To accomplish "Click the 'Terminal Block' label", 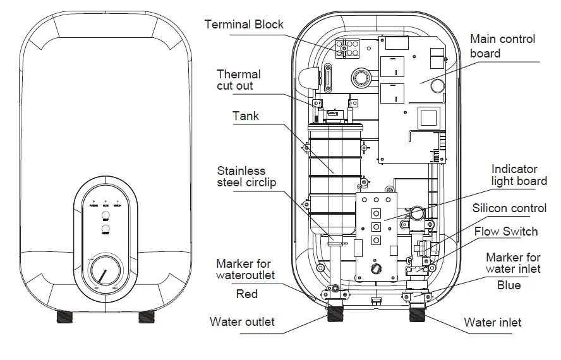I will pos(244,25).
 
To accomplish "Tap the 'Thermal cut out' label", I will pos(238,80).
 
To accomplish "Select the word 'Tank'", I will pos(246,116).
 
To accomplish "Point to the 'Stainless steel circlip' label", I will pos(246,177).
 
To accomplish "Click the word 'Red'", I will pos(246,294).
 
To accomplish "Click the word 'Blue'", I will pos(509,285).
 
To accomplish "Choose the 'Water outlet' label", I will pos(242,321).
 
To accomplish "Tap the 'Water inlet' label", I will pos(492,322).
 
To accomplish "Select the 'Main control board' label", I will pos(502,46).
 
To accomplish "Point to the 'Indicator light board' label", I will pos(519,175).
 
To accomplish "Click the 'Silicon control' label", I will pos(509,208).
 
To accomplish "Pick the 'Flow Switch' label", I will pos(506,231).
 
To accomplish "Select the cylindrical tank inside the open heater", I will pos(334,177).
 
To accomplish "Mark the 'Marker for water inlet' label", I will pos(513,263).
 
